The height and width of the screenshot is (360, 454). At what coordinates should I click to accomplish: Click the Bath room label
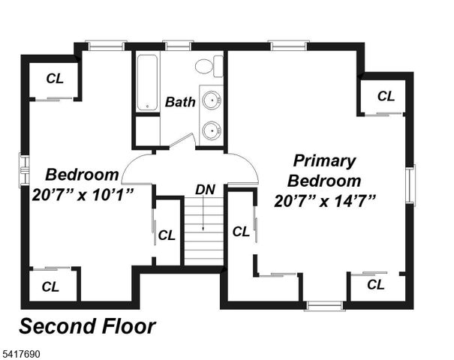180,102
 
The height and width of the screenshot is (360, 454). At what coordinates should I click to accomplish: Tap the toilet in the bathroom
206,66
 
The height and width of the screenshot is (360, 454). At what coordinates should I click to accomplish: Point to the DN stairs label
205,190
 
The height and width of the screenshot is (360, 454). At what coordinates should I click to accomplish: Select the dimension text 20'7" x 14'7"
324,200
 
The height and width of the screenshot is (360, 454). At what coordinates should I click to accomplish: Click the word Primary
324,160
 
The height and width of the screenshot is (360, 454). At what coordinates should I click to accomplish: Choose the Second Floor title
87,327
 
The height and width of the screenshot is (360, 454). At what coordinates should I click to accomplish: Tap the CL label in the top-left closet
55,78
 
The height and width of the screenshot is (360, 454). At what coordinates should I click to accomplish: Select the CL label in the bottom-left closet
50,286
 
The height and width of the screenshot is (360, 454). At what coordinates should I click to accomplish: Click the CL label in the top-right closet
386,96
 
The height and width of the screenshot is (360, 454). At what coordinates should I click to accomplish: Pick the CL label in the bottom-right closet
375,284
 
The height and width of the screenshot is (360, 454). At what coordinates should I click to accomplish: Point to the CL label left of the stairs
167,234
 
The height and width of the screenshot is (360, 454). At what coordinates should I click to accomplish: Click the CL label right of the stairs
241,232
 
